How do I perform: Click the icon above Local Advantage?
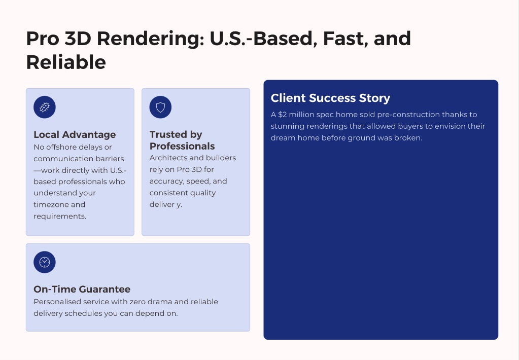tap(45, 107)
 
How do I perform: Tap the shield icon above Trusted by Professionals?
tap(160, 107)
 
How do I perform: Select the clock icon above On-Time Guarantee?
tap(45, 262)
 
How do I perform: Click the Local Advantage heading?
tap(75, 135)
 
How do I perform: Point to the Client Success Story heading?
tap(330, 98)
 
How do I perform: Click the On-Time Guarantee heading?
tap(82, 289)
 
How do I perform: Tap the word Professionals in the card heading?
tap(182, 146)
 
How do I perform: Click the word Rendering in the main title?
tap(151, 39)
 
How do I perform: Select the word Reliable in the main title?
tap(66, 62)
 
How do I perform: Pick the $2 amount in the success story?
tap(283, 115)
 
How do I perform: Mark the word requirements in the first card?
tap(60, 217)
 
